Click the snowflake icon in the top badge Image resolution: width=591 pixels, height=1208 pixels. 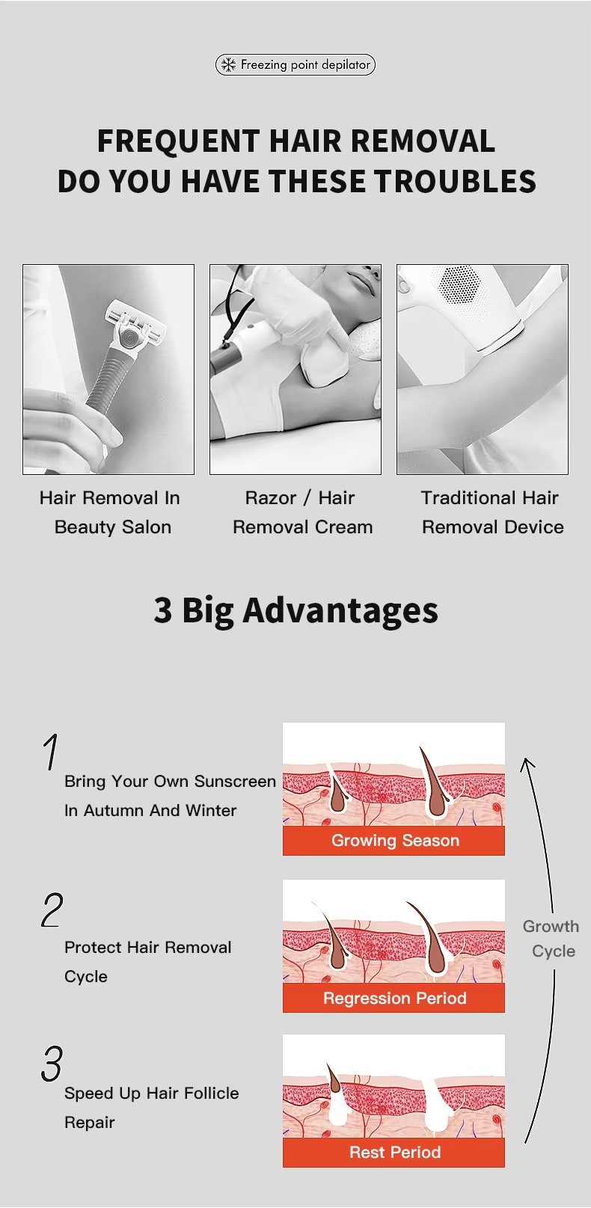[229, 65]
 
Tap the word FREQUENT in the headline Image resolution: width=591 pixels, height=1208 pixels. [179, 141]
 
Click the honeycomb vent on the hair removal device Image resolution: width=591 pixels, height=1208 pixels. [459, 285]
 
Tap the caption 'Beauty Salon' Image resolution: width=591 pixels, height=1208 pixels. [113, 527]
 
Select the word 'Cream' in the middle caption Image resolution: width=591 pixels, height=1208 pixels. [344, 527]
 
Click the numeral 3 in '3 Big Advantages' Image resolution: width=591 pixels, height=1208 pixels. [163, 610]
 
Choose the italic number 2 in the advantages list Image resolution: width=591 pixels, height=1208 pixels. [52, 910]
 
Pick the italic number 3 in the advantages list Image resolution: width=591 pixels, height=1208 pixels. [52, 1064]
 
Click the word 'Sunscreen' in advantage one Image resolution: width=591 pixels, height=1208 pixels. [235, 781]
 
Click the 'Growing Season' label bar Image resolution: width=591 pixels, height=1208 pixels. [394, 840]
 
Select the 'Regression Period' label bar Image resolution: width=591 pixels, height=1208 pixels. [394, 998]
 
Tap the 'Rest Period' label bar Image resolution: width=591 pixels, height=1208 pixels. [394, 1153]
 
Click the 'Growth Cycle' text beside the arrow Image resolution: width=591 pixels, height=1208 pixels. [551, 939]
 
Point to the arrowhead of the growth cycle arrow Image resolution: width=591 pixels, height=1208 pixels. [527, 762]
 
